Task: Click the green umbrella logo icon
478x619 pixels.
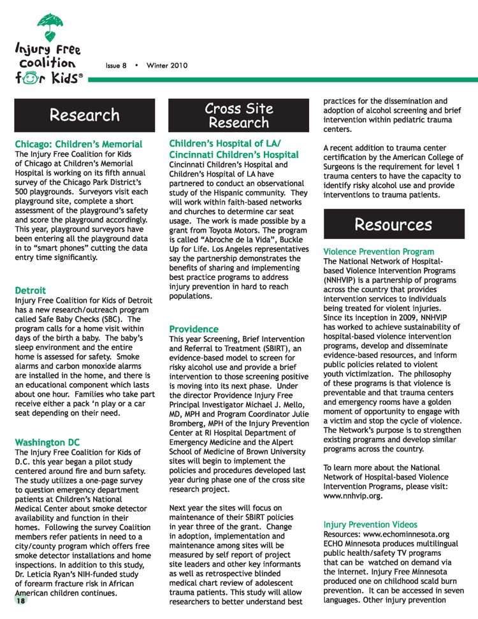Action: (x=50, y=24)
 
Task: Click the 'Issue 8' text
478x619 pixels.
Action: (x=116, y=66)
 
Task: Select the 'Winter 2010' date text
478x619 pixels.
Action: (x=167, y=66)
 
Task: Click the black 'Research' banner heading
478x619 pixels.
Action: (x=85, y=115)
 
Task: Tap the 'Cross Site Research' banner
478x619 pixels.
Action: (x=239, y=115)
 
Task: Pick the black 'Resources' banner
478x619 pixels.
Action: (x=393, y=224)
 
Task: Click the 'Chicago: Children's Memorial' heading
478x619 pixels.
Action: (x=78, y=144)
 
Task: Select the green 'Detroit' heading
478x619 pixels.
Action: (x=30, y=290)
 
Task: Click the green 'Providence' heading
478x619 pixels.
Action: (x=194, y=329)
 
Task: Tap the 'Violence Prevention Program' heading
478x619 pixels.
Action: (x=379, y=252)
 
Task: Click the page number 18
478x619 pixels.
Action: (x=21, y=601)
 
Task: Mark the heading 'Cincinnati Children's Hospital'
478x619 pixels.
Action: (x=234, y=154)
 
